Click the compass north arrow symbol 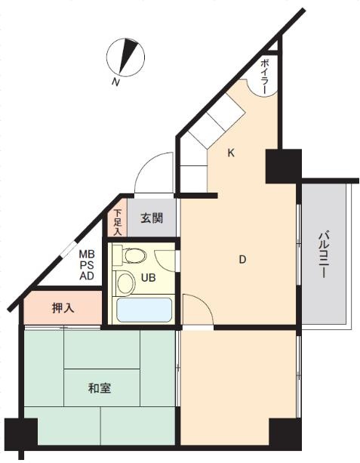(x=125, y=57)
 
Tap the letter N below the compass (x=116, y=82)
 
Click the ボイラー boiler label (x=266, y=77)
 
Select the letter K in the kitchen (x=231, y=153)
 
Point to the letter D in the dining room (x=242, y=260)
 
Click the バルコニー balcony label (x=323, y=255)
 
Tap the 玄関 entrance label (x=152, y=218)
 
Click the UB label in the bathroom (x=148, y=277)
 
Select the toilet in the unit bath (x=130, y=255)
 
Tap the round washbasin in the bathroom (x=125, y=282)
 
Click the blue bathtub (x=144, y=310)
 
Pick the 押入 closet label (x=63, y=308)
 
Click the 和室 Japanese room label (x=100, y=388)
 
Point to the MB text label (x=87, y=254)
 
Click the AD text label (x=87, y=276)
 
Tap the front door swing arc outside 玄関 (x=148, y=162)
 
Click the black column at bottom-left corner (x=21, y=434)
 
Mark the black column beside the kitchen (x=284, y=166)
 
